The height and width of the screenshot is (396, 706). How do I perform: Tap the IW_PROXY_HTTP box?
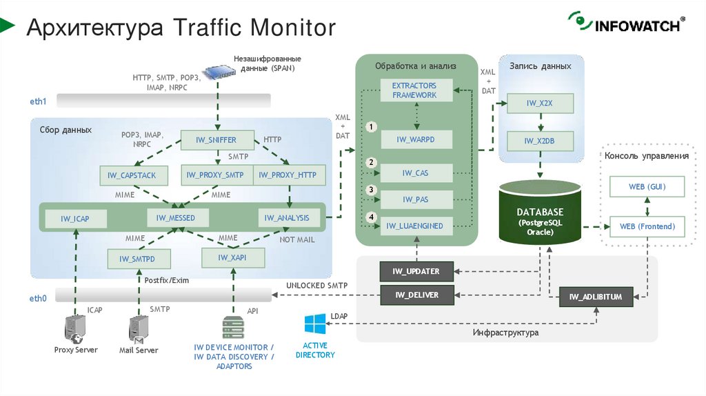pos(288,175)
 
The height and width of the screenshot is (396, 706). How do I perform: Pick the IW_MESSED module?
pos(176,218)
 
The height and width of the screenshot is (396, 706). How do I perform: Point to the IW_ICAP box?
pos(75,219)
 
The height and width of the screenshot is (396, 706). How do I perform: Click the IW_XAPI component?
pos(232,257)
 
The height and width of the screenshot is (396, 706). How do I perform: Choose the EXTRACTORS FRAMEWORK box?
pos(414,90)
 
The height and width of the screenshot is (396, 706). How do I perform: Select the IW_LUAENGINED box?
pos(414,226)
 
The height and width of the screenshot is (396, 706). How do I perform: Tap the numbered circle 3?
pos(372,190)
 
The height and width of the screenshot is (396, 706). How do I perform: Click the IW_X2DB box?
pos(541,141)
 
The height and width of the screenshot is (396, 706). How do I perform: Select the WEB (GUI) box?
pos(647,187)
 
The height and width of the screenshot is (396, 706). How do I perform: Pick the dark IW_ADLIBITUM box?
pos(596,297)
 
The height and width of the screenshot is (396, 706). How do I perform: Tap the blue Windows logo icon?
pos(315,324)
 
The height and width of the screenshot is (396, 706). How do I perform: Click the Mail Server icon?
pos(139,330)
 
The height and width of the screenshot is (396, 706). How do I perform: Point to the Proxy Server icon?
pos(74,330)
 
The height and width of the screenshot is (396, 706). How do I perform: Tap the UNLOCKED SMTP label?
pos(316,286)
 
